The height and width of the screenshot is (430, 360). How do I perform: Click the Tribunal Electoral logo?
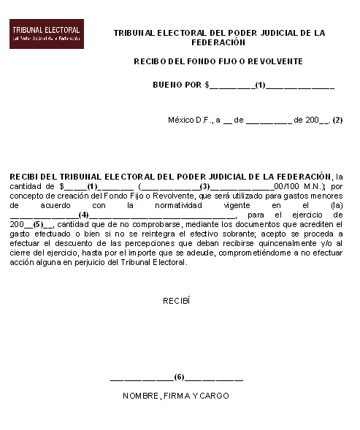coord(46,34)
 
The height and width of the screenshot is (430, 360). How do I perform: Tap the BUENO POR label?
coord(177,85)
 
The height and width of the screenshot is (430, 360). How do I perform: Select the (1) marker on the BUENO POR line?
coord(260,85)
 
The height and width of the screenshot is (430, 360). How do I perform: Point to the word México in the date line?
coord(181,120)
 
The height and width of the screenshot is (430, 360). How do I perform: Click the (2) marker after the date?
coord(337,120)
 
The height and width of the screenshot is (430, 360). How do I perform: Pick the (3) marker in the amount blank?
coord(204,186)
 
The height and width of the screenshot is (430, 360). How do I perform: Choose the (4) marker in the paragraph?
coord(83,215)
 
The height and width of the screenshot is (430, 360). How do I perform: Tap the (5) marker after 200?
coord(39,224)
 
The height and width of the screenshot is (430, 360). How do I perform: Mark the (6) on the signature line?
coord(178,377)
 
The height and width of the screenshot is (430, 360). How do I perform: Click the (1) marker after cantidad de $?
coord(92,186)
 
